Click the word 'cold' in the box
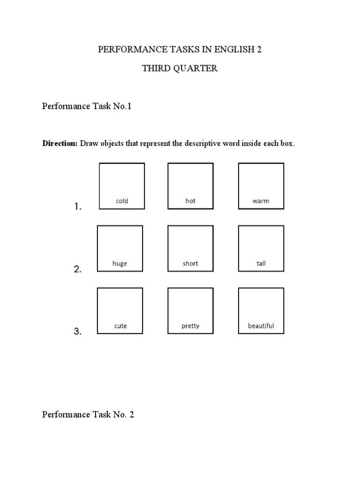pyautogui.click(x=121, y=201)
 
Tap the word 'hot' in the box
pyautogui.click(x=190, y=201)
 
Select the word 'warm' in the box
pyautogui.click(x=261, y=201)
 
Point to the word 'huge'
pyautogui.click(x=120, y=263)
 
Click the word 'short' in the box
pyautogui.click(x=190, y=263)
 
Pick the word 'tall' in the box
pyautogui.click(x=261, y=263)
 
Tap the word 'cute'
pyautogui.click(x=120, y=326)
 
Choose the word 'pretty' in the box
pyautogui.click(x=190, y=326)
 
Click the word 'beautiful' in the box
pyautogui.click(x=261, y=326)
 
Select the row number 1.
pyautogui.click(x=78, y=206)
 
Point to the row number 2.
pyautogui.click(x=78, y=269)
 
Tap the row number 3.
pyautogui.click(x=78, y=331)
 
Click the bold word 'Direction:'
pyautogui.click(x=60, y=143)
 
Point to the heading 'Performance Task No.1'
pyautogui.click(x=87, y=106)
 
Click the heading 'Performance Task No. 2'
pyautogui.click(x=88, y=414)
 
